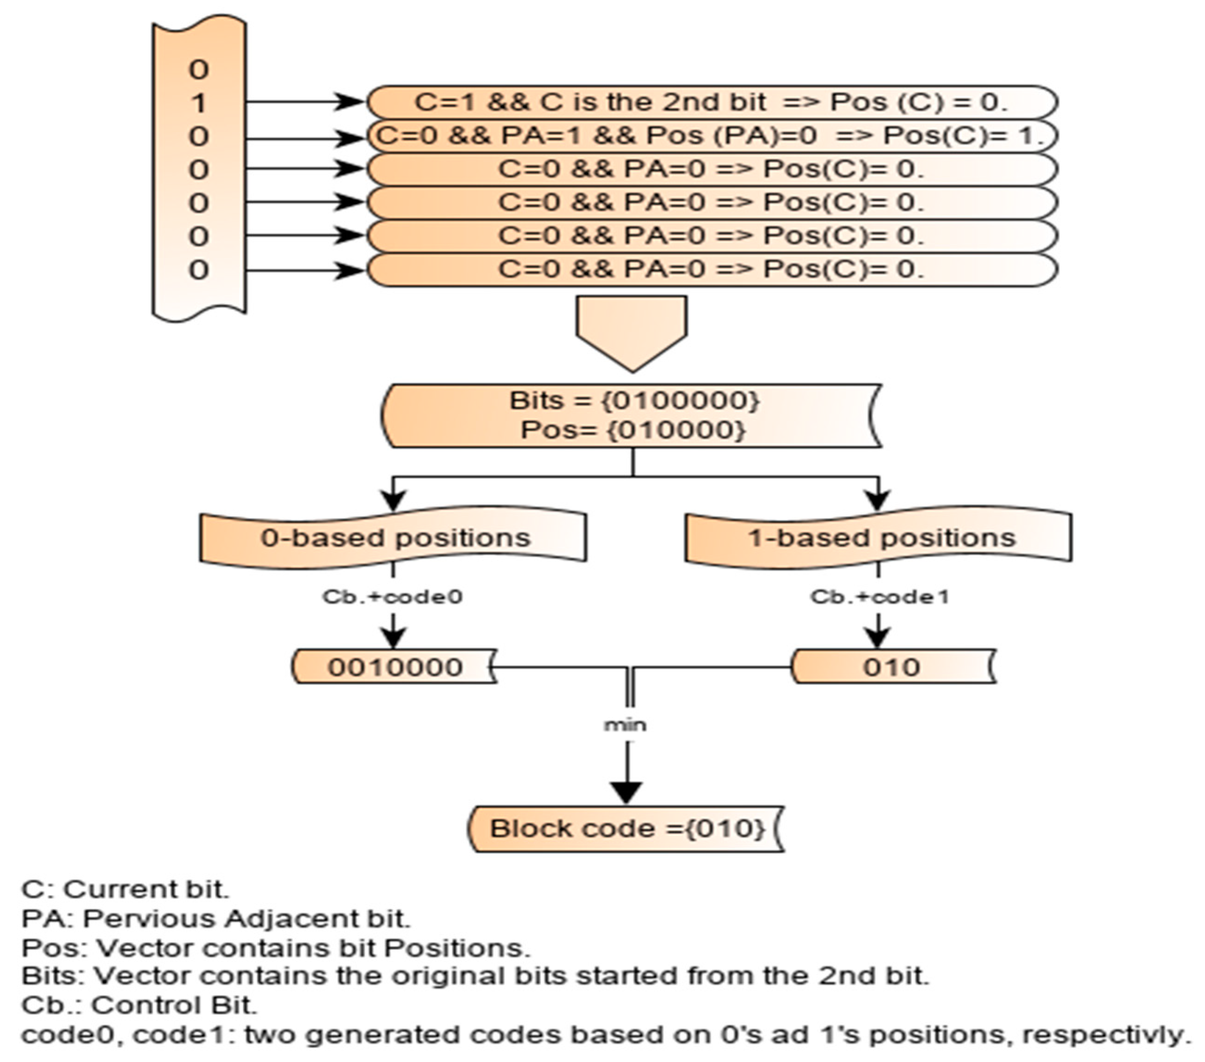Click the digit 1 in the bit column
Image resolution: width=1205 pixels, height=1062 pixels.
(x=199, y=104)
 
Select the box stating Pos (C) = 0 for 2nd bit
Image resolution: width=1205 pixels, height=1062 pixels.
(x=712, y=103)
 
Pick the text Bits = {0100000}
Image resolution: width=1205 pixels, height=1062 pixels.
(x=634, y=401)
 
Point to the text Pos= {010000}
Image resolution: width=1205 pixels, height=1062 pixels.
(x=633, y=430)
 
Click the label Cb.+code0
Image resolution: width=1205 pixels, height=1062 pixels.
(x=393, y=597)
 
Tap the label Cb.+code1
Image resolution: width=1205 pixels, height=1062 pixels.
(x=879, y=597)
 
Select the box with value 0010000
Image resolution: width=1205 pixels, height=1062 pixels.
(x=394, y=667)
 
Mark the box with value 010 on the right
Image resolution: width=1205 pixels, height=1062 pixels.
(x=892, y=667)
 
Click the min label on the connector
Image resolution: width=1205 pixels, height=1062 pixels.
(x=626, y=725)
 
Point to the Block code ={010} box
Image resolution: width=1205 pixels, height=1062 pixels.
(x=627, y=829)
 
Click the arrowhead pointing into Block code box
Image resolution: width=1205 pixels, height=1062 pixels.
(x=626, y=792)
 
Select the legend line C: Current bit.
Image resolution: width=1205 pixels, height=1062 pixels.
(x=125, y=889)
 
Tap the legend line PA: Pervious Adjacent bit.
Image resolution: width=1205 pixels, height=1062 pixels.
(x=216, y=918)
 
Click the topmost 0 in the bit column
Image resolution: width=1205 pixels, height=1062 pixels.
(x=199, y=70)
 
